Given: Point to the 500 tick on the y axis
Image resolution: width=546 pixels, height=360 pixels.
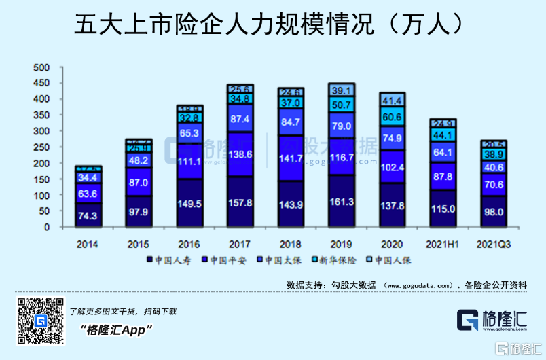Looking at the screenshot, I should tap(42, 68).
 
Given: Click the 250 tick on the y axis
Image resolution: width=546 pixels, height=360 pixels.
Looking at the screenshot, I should tap(42, 147).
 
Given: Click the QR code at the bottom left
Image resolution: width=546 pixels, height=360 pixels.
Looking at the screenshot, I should tap(39, 322).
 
